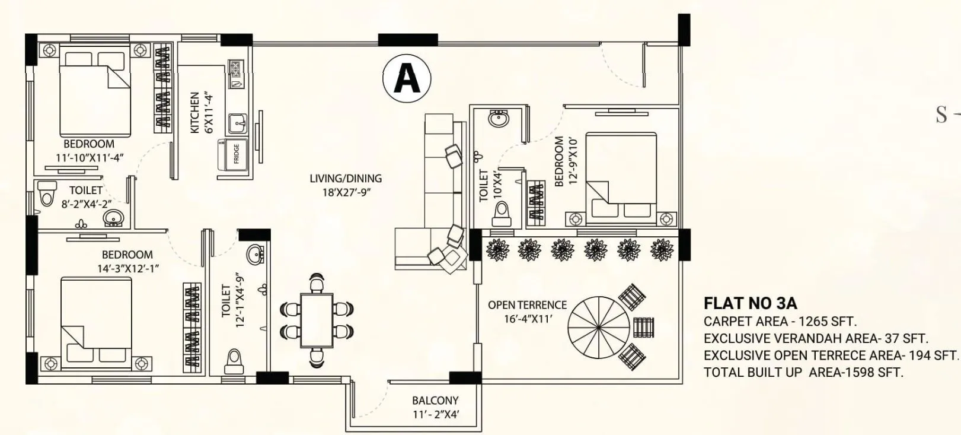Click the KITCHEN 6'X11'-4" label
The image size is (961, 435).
(x=200, y=113)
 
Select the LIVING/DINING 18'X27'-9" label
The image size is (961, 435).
(x=346, y=185)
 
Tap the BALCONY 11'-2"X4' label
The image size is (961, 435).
(x=435, y=408)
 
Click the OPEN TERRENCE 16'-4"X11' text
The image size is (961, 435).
(x=527, y=312)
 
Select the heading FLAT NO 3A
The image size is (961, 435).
(x=750, y=304)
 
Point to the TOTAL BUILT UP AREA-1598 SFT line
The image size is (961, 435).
(x=803, y=373)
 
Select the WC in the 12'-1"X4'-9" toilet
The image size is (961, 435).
(x=234, y=361)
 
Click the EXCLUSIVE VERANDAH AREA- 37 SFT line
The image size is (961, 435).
(x=816, y=339)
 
